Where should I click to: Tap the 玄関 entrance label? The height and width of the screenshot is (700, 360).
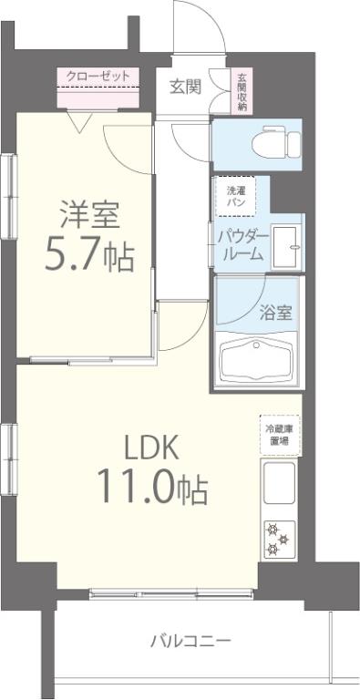185,87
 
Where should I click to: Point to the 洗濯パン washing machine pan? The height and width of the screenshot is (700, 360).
235,194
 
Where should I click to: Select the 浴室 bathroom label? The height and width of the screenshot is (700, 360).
276,313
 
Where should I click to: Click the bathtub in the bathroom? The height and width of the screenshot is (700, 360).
259,359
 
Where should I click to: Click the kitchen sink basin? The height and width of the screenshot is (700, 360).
279,483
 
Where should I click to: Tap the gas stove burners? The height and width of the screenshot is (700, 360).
278,538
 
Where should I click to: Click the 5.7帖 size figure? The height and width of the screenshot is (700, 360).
89,256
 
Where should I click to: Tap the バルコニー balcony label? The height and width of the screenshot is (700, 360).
190,640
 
